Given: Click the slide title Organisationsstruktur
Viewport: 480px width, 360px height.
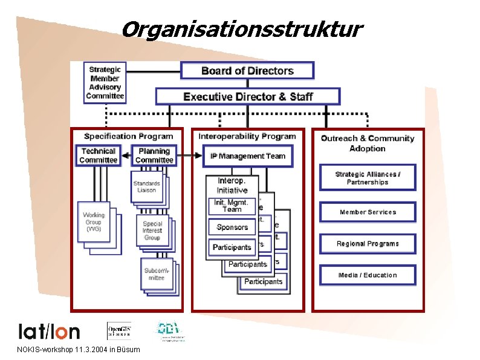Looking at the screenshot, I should pyautogui.click(x=242, y=29).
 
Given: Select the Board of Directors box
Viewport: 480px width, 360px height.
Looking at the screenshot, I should pyautogui.click(x=247, y=71).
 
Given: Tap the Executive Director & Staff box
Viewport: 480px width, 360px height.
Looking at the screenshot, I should pyautogui.click(x=248, y=96).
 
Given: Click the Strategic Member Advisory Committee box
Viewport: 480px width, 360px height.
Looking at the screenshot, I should pyautogui.click(x=105, y=82).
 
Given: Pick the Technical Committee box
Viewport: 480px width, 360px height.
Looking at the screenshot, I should pyautogui.click(x=98, y=155).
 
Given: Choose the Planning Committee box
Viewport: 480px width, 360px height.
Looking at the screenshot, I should pyautogui.click(x=154, y=155).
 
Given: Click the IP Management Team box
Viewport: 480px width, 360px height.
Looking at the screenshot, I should pyautogui.click(x=248, y=156).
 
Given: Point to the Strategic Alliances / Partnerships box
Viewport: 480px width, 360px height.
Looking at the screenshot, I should pyautogui.click(x=368, y=178).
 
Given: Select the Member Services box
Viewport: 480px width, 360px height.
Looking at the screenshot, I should pyautogui.click(x=368, y=212).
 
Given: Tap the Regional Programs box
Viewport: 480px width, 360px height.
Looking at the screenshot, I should pyautogui.click(x=368, y=244).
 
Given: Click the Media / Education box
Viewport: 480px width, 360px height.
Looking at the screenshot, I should pyautogui.click(x=368, y=275).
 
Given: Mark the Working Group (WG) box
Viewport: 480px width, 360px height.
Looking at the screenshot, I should pyautogui.click(x=94, y=221).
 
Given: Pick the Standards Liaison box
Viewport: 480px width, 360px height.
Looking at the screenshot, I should pyautogui.click(x=147, y=186).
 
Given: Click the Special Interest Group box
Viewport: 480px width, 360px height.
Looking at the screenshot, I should pyautogui.click(x=152, y=231).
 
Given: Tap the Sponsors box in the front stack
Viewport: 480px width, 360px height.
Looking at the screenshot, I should pyautogui.click(x=232, y=227).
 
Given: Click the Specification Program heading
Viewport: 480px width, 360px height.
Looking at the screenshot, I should pyautogui.click(x=128, y=136).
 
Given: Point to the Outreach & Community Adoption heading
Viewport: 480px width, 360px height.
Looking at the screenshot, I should pyautogui.click(x=368, y=143).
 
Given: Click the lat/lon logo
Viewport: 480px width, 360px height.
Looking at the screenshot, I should pyautogui.click(x=49, y=331).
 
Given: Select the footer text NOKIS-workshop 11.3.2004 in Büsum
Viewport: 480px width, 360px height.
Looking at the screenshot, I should pyautogui.click(x=79, y=350).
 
